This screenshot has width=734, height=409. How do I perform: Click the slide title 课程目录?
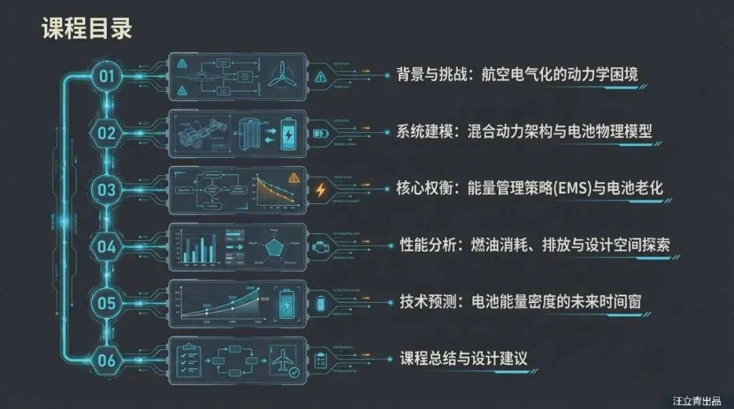86,29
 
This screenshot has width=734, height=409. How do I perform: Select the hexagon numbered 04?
107,246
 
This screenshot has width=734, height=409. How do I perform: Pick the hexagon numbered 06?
107,359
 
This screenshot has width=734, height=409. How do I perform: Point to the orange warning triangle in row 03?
294,179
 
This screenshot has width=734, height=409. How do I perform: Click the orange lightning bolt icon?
320,190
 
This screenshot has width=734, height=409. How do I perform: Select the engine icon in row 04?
320,246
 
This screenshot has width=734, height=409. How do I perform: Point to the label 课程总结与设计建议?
463,358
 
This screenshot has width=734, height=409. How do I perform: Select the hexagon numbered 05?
107,302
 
